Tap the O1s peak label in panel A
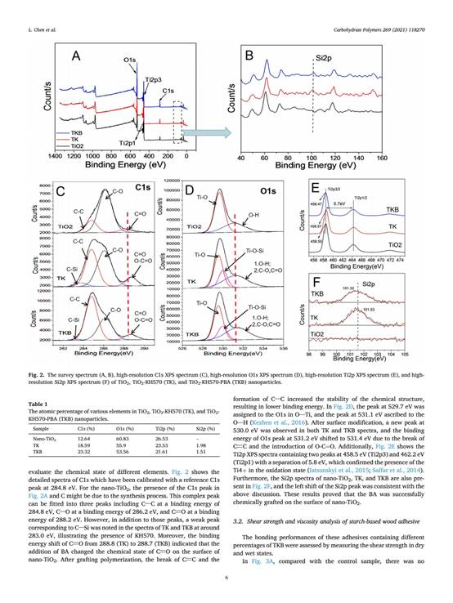(130, 61)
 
